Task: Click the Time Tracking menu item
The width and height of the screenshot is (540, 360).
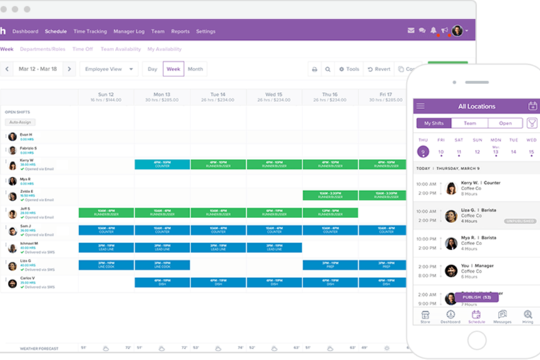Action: [x=90, y=31]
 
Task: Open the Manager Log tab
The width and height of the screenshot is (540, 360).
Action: [x=129, y=31]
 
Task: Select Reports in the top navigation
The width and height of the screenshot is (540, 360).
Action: [x=180, y=31]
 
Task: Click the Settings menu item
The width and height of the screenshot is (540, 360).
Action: [x=205, y=31]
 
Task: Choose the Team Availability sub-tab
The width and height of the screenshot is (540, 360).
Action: [x=121, y=49]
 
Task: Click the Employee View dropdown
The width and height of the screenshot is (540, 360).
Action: [x=108, y=69]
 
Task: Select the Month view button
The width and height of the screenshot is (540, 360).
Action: [x=195, y=69]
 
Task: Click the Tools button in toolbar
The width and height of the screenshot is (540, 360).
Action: [x=349, y=69]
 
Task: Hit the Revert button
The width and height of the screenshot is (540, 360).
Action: [x=379, y=69]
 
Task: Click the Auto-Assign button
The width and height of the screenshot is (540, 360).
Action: [x=20, y=123]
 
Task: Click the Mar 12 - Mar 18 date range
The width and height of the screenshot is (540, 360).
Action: [x=39, y=69]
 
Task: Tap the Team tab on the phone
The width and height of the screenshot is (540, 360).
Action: [x=470, y=123]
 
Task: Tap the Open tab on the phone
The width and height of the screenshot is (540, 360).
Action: [x=505, y=123]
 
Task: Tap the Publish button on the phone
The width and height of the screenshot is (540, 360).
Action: [x=476, y=297]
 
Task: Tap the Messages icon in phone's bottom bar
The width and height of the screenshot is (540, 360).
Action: [x=502, y=317]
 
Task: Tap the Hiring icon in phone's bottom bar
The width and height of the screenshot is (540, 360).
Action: [x=528, y=317]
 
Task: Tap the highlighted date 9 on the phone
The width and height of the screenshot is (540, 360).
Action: [x=423, y=151]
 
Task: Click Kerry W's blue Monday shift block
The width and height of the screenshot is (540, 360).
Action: [x=162, y=165]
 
